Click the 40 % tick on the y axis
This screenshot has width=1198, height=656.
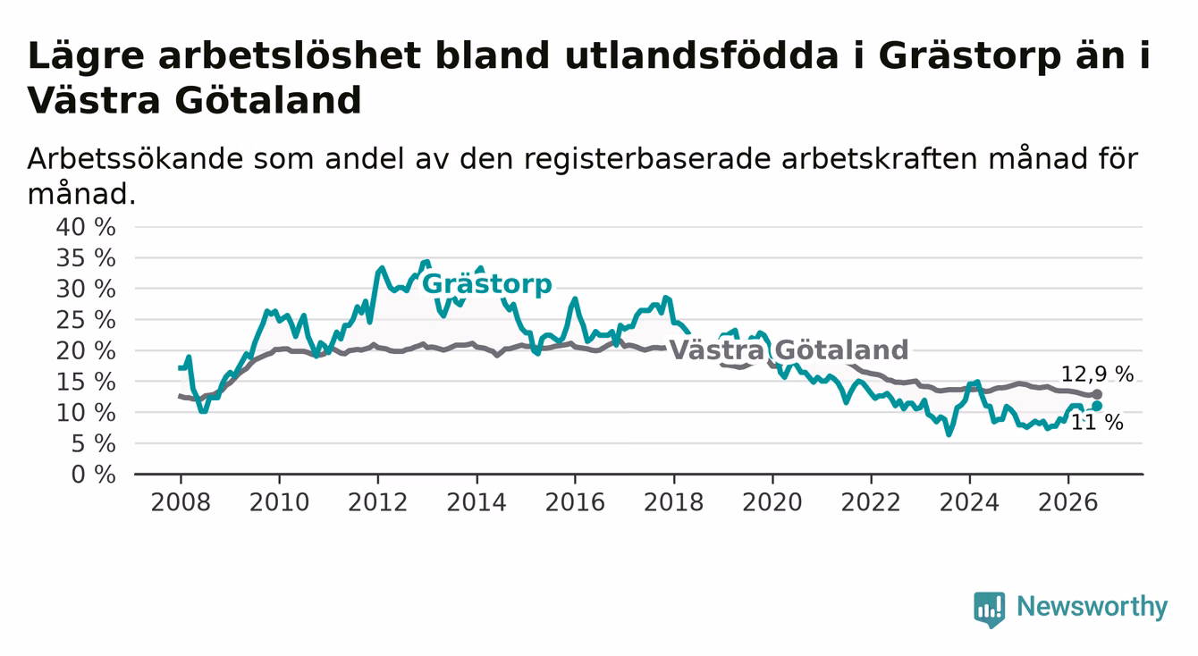tap(86, 227)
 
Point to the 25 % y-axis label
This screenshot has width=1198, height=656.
tap(86, 320)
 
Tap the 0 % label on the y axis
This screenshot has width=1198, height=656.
tap(93, 475)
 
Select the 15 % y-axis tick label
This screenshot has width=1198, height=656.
tap(86, 383)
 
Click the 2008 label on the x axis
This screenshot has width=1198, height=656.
tap(181, 502)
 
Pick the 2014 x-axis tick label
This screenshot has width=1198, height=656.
tap(477, 502)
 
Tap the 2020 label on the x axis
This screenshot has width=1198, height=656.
tap(772, 502)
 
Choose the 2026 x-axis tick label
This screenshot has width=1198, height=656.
tap(1068, 502)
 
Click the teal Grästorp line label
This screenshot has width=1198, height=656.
tap(486, 284)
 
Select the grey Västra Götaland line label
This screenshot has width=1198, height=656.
tap(789, 350)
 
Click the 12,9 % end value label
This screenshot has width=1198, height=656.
tap(1097, 374)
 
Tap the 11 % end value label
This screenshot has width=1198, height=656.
tap(1097, 423)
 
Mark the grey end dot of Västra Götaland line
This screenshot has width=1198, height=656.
tap(1097, 394)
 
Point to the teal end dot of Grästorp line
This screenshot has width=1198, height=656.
tap(1097, 407)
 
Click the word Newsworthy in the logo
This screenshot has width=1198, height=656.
tap(1093, 608)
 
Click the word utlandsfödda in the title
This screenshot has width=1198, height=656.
tap(701, 55)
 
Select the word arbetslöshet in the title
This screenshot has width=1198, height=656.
tap(290, 55)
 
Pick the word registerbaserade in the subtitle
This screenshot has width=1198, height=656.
tap(646, 159)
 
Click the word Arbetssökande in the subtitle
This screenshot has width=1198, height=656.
tap(135, 159)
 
